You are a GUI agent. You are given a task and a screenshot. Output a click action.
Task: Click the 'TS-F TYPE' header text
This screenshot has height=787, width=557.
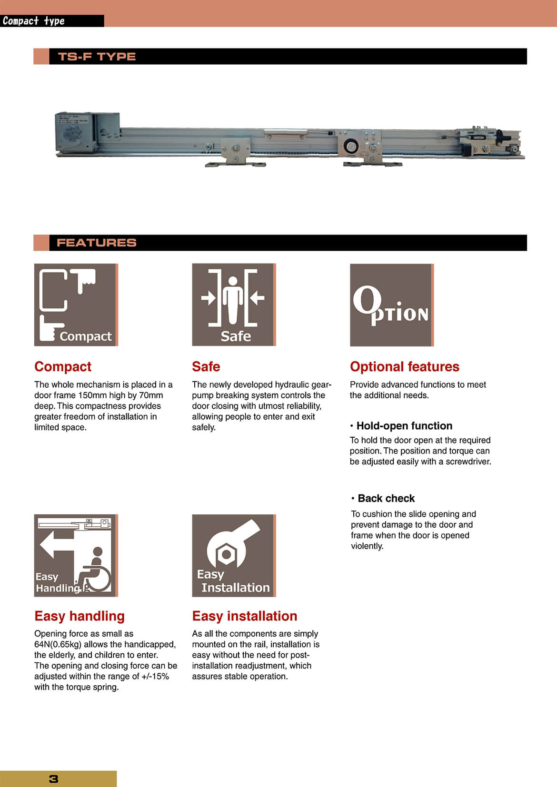coord(97,57)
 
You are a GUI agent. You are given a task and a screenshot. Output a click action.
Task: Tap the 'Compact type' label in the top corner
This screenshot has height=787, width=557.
coord(33,21)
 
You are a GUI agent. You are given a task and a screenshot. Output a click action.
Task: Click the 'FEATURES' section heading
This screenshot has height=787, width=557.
coord(96,243)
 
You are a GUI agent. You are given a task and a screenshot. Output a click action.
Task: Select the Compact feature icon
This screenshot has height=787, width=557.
coord(76,305)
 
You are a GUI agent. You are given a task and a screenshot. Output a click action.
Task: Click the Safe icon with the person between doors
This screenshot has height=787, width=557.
coord(233,305)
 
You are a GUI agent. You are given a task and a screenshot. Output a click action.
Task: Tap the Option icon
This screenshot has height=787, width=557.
coord(391,305)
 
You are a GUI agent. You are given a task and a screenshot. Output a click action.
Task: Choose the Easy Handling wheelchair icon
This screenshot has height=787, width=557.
coord(76,555)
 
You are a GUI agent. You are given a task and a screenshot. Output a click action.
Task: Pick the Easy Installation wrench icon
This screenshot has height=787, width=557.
coord(233,555)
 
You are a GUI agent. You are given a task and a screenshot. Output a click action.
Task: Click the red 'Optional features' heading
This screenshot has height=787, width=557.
coord(404,367)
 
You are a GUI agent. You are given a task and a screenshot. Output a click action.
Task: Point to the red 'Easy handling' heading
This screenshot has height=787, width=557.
coord(80,616)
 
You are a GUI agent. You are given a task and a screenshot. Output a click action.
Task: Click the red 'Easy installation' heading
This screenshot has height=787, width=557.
coord(244,616)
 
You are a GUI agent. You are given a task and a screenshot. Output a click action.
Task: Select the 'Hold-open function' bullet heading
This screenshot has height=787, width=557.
coord(404,426)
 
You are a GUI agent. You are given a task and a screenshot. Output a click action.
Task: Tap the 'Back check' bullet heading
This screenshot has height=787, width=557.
coord(386,499)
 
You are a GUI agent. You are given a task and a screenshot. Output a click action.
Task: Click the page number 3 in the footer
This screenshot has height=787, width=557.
coord(53,779)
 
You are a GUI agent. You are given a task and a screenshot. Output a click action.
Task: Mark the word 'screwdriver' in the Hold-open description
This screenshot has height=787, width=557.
coord(467,462)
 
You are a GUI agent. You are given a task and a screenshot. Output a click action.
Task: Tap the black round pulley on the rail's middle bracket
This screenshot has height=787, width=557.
coord(351,146)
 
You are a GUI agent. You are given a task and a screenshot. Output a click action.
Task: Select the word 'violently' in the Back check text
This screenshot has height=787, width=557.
coord(367,546)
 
